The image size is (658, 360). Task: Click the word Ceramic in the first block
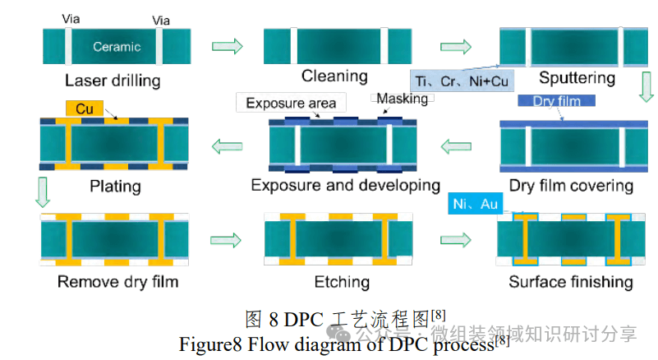pos(117,47)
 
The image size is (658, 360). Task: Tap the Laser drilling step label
pos(113,81)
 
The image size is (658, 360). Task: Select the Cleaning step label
pos(334,76)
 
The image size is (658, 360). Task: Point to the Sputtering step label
pos(577,78)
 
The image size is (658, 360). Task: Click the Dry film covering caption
pos(571,186)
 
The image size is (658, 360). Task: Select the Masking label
pos(402,99)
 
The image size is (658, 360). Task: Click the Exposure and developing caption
pos(345,186)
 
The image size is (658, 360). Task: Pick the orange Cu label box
pos(85,108)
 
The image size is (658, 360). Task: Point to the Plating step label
pos(115,187)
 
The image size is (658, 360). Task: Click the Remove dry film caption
pos(117,282)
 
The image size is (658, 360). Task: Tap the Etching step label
pos(342,282)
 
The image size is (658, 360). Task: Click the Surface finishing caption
pos(571,282)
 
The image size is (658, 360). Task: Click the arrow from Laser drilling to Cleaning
pos(228,46)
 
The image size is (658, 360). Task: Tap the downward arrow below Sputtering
pos(645,86)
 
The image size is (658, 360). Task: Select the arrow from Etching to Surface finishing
pos(456,239)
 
